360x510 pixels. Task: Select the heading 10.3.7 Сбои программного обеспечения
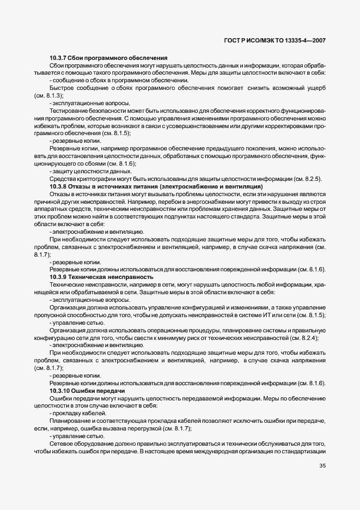point(108,58)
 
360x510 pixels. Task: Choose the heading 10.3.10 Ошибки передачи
point(87,391)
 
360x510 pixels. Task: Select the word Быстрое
point(62,88)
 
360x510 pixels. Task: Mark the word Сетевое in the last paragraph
point(62,444)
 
